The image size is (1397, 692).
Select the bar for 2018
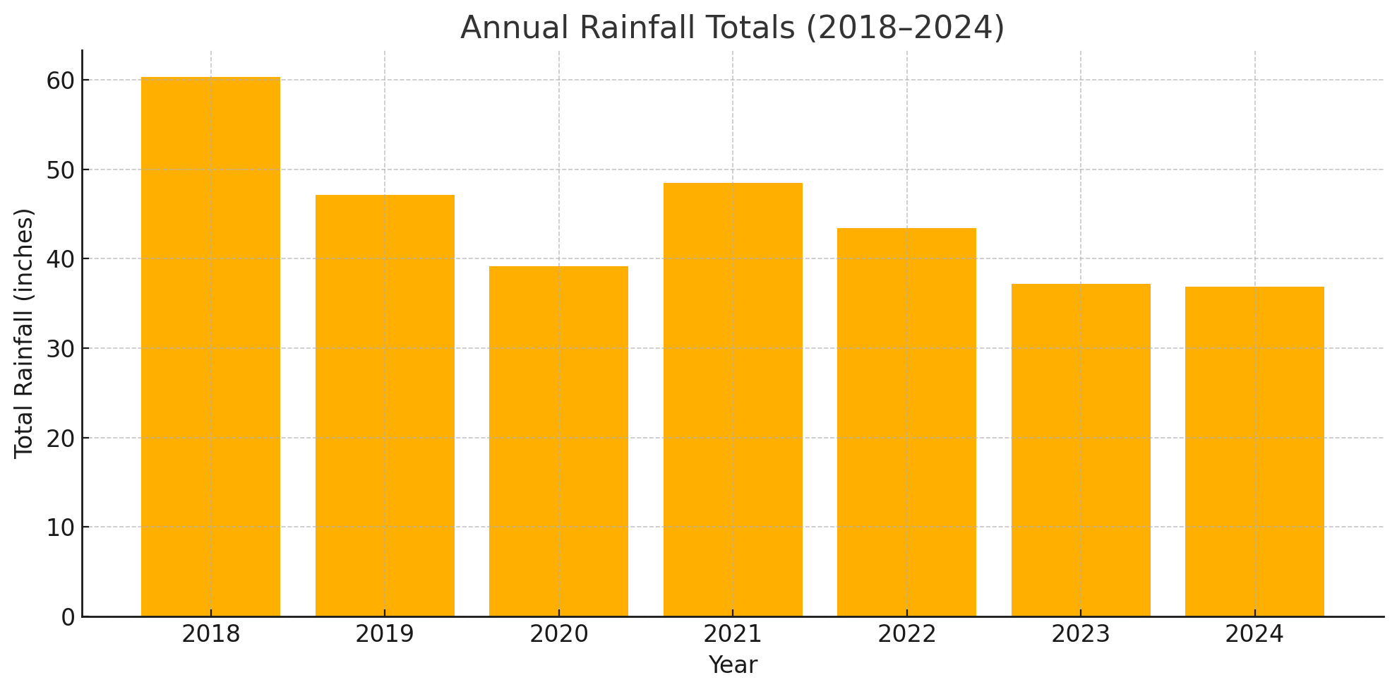pos(210,346)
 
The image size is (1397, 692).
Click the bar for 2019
pos(385,405)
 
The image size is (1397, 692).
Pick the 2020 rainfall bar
pos(558,441)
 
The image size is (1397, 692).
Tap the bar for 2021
pos(733,400)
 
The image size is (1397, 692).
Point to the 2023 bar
pos(1081,450)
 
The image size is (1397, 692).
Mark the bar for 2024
pos(1254,451)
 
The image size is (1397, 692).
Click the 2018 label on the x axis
pos(210,635)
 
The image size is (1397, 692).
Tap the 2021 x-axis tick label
pos(733,635)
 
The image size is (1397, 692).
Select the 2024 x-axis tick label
pos(1254,635)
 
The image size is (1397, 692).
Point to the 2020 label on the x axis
pos(558,635)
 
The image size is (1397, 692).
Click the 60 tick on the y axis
pos(61,80)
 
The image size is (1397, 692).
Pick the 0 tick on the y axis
pos(68,617)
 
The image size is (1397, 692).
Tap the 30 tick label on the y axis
pos(61,349)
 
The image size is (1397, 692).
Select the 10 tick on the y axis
pos(61,527)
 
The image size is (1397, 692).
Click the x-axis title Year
pos(733,665)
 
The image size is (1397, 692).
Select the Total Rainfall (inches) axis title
pos(25,333)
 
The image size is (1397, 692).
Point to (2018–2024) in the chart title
pos(905,28)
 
